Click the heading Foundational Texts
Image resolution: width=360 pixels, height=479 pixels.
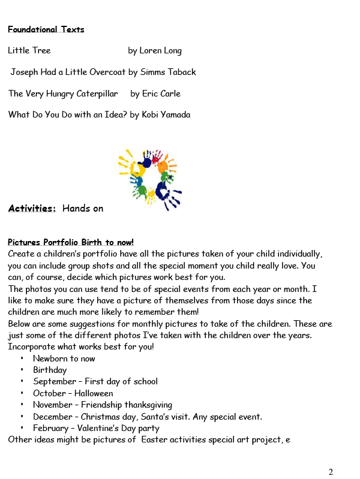click(46, 29)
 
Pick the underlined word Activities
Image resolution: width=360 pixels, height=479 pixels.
click(32, 209)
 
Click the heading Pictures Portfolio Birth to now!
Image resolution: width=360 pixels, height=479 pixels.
click(70, 242)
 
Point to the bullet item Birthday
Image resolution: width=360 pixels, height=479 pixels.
click(50, 370)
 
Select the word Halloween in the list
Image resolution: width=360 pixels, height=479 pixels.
click(94, 393)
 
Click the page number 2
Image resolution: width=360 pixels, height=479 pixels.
click(331, 471)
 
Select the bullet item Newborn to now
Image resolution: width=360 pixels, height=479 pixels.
click(64, 359)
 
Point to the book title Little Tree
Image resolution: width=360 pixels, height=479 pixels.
click(29, 51)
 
